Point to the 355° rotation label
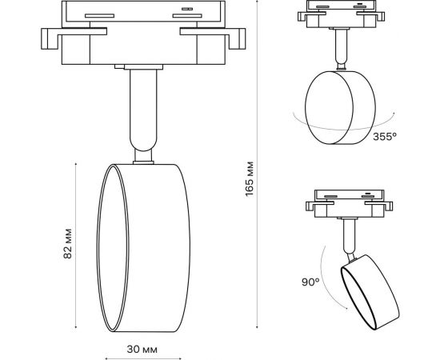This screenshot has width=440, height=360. (385, 137)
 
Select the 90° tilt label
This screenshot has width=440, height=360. (311, 282)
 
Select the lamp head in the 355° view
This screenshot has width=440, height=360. (339, 106)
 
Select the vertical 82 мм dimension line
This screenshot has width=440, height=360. (77, 246)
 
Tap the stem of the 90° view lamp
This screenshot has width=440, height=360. (349, 237)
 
